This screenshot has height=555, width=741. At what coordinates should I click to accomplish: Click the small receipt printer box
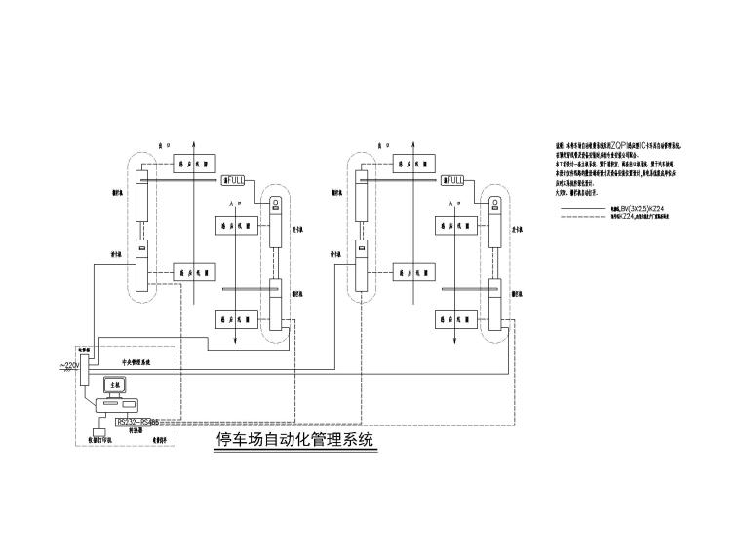click(x=97, y=429)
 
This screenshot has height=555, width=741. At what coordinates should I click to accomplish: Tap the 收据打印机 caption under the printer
click(x=94, y=440)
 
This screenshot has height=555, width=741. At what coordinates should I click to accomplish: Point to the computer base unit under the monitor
click(x=124, y=406)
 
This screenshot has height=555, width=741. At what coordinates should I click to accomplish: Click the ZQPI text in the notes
click(x=624, y=145)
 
